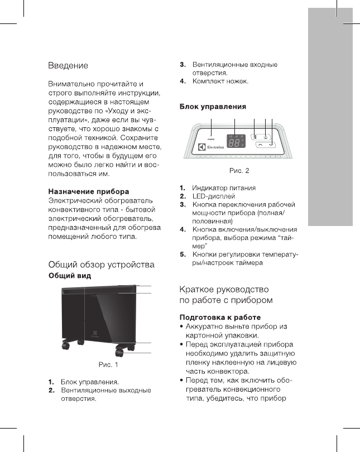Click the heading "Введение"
pos(68,66)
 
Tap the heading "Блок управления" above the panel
pos(213,106)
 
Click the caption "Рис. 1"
pos(108,366)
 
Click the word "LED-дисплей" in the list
pos(213,197)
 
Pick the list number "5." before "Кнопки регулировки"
pos(183,254)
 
